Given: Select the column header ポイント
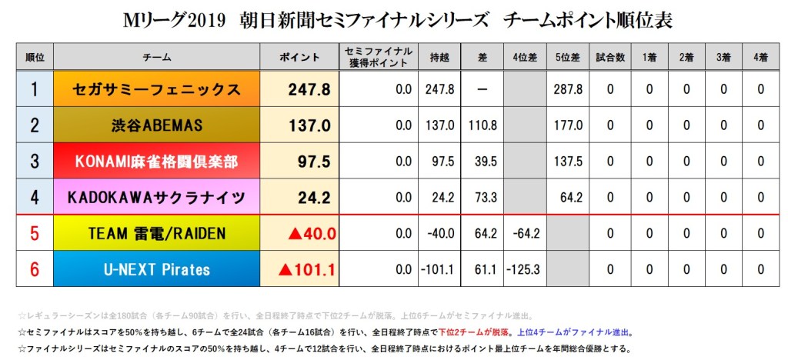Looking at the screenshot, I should [300, 58].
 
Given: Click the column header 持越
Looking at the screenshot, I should [439, 58].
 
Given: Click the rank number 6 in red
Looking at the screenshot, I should [34, 270].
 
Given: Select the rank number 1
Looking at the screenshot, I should [34, 90].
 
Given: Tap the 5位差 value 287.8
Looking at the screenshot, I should [567, 90].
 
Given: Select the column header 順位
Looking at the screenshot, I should [34, 58].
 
